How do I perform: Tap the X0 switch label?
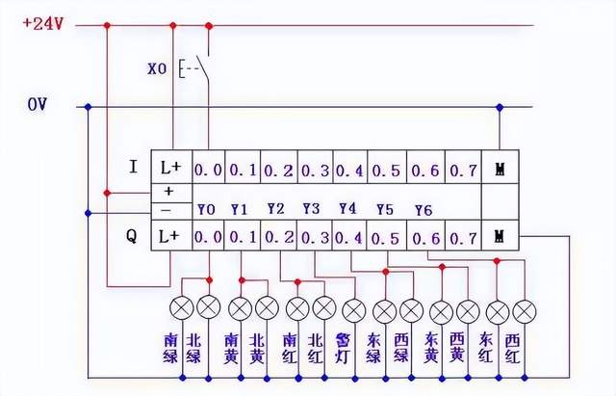158,69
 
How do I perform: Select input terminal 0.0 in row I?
208,170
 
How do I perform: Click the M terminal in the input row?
499,170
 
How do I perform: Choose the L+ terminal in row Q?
170,236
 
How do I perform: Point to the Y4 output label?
347,208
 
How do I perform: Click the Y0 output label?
206,208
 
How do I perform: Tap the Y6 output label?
423,209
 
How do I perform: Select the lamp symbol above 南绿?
181,310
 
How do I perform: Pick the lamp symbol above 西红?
525,310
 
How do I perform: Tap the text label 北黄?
256,348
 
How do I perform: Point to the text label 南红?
289,348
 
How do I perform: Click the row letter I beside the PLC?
133,167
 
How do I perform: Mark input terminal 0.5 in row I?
386,170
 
